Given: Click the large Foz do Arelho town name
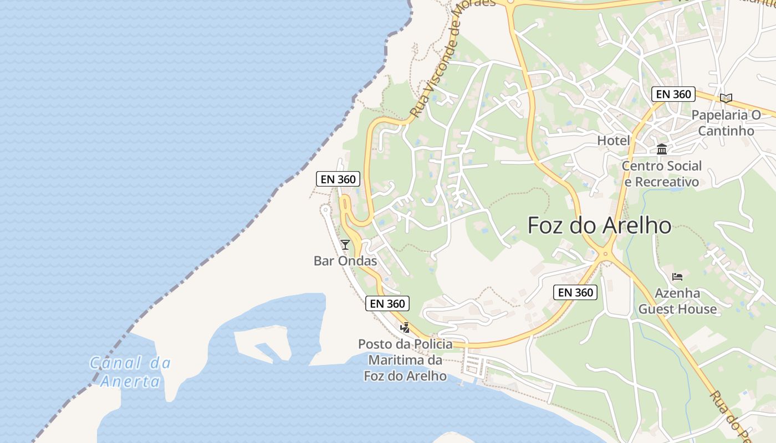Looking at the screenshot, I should coord(599,225).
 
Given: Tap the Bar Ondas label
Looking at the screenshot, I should coord(345,261).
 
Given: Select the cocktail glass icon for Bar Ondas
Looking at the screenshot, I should coord(345,244).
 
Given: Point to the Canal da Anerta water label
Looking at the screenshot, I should coord(131,372).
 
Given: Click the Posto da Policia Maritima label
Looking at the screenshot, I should coord(405,360).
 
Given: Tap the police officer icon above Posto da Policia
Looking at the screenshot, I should coord(405,328).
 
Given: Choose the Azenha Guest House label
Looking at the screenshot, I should coord(677,301).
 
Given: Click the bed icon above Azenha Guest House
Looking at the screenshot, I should coord(677,277).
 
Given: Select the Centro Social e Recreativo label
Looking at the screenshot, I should coord(661,173).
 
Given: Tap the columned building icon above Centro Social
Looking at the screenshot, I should coord(661,149).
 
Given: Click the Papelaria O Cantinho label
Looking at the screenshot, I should coord(726,122).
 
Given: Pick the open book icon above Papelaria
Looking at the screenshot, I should coord(726,98).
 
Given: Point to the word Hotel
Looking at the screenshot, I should coord(614,141).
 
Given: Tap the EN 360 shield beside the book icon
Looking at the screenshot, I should coord(673,94).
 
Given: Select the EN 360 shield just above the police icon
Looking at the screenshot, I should coord(387,303).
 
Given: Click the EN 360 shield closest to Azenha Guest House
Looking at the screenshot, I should coord(575,292).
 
